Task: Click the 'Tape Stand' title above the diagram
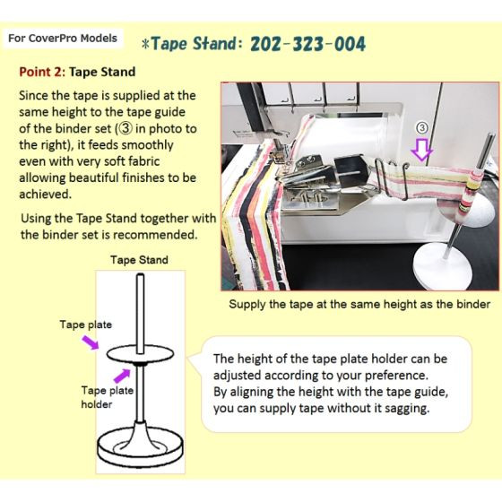[x=139, y=261]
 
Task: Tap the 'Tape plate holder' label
[x=108, y=396]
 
